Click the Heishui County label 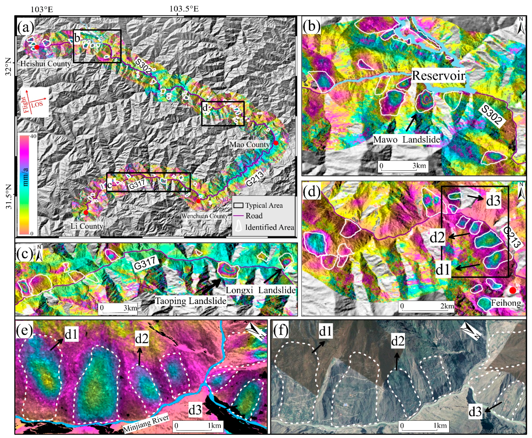pos(46,64)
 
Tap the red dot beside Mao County pos(276,143)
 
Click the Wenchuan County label pos(204,216)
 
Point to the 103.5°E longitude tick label pos(184,9)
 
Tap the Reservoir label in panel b pos(438,75)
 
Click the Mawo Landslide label pos(406,139)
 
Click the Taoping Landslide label pos(191,301)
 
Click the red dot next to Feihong pos(512,290)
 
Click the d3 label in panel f pos(475,411)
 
